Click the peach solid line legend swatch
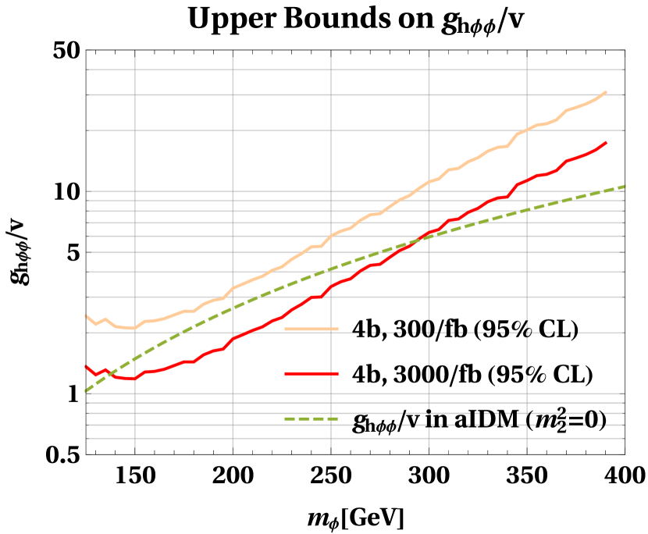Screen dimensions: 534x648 [x=311, y=329]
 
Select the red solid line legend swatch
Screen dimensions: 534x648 [x=311, y=374]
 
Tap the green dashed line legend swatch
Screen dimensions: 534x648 [x=311, y=419]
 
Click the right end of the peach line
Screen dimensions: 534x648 [x=607, y=91]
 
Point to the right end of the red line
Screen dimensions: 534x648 [x=607, y=142]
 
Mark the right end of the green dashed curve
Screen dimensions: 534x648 [x=625, y=186]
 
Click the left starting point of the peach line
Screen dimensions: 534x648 [x=85, y=315]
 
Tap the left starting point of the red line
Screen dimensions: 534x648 [x=85, y=365]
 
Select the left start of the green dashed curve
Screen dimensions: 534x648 [x=85, y=390]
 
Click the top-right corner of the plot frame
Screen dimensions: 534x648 [x=625, y=51]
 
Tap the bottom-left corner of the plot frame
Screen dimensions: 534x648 [x=86, y=453]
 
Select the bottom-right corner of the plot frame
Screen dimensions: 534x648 [x=625, y=453]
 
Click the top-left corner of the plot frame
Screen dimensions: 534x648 [x=86, y=51]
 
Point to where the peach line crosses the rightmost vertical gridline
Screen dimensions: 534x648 [x=527, y=130]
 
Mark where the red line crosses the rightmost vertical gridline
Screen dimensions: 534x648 [x=527, y=180]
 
